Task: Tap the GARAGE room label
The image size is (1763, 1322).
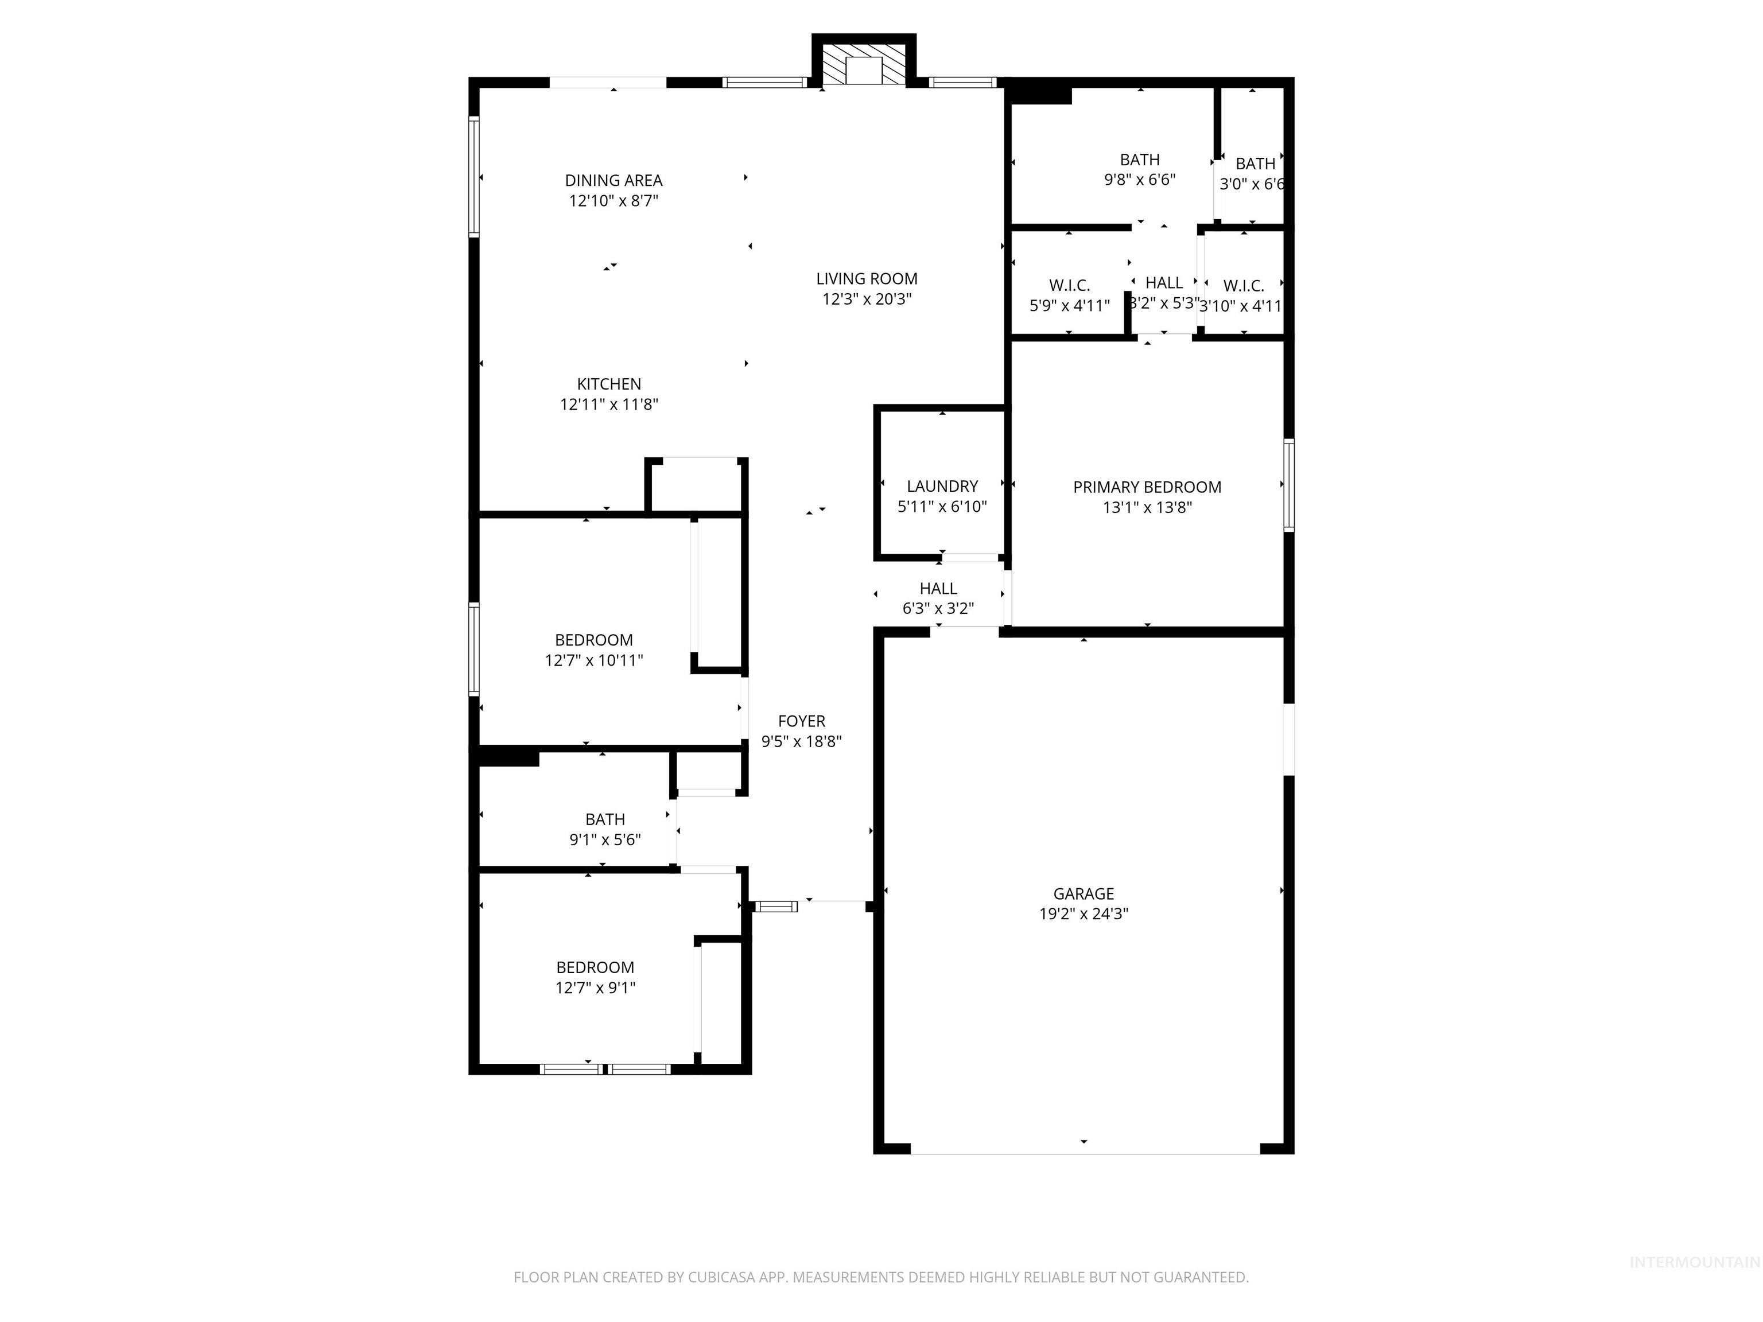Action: click(x=1083, y=894)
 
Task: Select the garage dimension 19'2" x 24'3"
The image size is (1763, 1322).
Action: click(x=1083, y=914)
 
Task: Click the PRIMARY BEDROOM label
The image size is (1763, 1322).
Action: click(x=1147, y=487)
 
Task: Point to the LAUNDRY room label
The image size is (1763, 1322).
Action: click(x=942, y=486)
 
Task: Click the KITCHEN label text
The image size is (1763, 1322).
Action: click(x=609, y=384)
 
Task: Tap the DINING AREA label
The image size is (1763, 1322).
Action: click(x=613, y=181)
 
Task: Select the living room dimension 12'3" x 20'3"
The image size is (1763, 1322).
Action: click(x=867, y=299)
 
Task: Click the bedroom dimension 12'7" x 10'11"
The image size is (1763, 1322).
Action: click(x=594, y=660)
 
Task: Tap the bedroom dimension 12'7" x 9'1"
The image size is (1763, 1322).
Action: click(x=595, y=987)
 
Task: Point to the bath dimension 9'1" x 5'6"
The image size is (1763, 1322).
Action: click(x=605, y=839)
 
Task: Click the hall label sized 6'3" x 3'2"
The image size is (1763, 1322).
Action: click(x=938, y=589)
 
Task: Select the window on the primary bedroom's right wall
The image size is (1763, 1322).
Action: click(x=1288, y=484)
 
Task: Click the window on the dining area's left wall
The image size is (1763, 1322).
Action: click(x=473, y=177)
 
